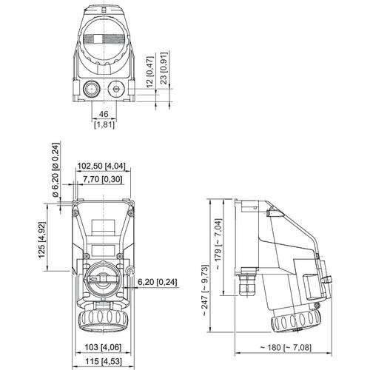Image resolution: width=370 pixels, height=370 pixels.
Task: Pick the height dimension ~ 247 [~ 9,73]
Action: pyautogui.click(x=204, y=273)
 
